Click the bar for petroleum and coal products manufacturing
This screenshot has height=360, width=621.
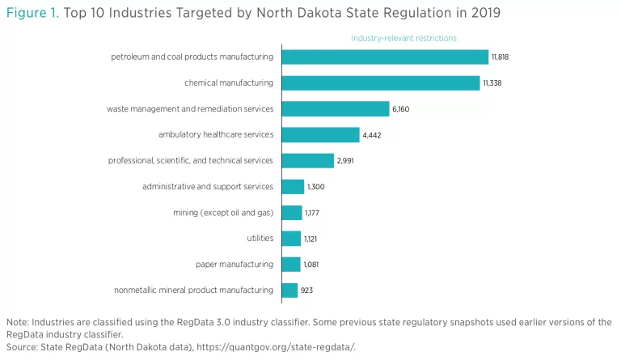(384, 57)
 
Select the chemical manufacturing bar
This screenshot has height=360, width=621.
(380, 83)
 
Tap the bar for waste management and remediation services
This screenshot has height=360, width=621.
(335, 108)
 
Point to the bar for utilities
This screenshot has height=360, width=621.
(290, 238)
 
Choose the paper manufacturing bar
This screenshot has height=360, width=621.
(289, 264)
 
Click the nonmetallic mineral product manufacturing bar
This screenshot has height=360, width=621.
(289, 290)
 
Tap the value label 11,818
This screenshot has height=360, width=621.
(500, 57)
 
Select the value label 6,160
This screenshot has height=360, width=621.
(402, 109)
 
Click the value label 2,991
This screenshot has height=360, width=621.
(345, 161)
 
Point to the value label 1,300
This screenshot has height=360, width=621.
(316, 187)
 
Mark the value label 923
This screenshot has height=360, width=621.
(307, 290)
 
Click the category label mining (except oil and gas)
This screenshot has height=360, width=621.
(223, 213)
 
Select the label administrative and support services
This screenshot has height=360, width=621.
(208, 187)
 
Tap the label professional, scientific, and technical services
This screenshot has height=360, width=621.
(191, 160)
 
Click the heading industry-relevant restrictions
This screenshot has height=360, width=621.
(403, 38)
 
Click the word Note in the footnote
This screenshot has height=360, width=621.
(17, 322)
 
